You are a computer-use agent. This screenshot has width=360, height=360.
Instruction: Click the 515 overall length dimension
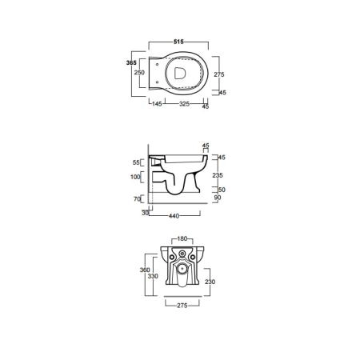point(178,42)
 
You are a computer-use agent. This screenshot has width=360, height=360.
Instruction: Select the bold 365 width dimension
point(131,62)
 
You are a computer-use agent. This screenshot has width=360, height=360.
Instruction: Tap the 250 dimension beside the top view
point(139,72)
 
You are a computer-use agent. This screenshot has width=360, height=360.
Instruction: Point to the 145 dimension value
point(157,104)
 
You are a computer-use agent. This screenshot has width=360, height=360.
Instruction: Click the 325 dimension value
point(184,104)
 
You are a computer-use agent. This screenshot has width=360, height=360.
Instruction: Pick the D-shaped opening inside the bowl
point(180,73)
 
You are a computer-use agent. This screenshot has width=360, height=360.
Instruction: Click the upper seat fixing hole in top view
point(157,65)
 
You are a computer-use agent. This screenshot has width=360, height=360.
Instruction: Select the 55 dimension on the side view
point(136,162)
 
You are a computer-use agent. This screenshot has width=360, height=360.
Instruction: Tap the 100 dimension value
point(135,177)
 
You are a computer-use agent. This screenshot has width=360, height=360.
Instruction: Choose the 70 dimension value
point(137,199)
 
